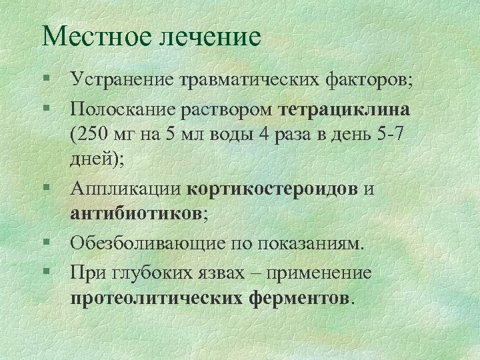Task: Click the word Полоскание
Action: click(x=123, y=109)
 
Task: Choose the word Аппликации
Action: click(x=125, y=189)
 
